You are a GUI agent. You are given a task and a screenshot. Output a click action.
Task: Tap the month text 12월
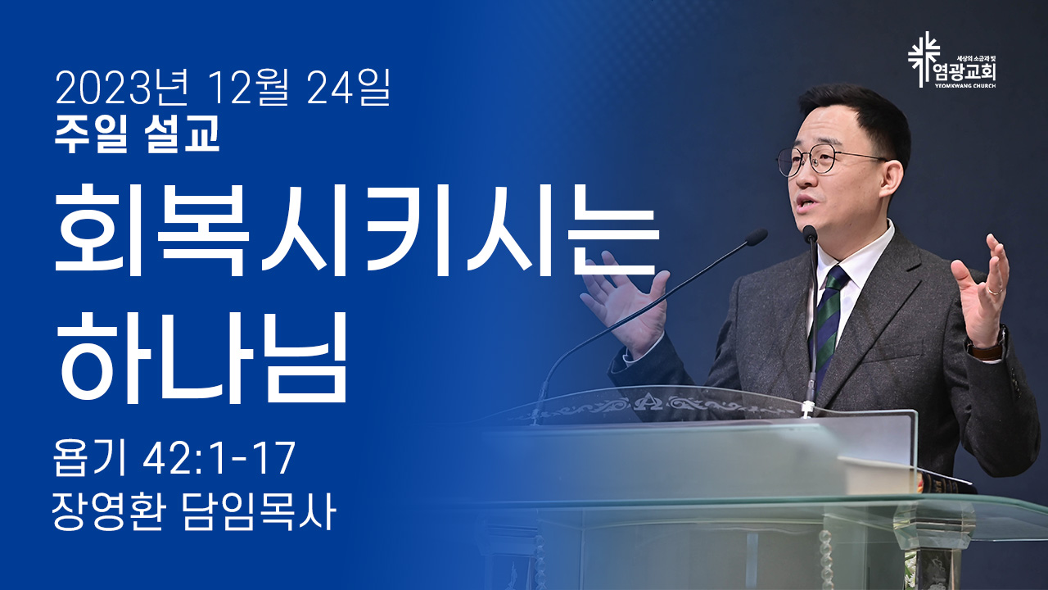click(x=249, y=87)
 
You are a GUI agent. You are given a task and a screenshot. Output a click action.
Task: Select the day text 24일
click(x=349, y=87)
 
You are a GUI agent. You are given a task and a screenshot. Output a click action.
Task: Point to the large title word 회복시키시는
click(x=357, y=230)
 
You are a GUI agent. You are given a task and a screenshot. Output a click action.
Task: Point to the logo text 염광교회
click(x=964, y=73)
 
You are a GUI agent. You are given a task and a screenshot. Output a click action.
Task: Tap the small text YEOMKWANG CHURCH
click(x=964, y=86)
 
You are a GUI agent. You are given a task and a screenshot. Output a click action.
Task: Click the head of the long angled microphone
click(x=756, y=237)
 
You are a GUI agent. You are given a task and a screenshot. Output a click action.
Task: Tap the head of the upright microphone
click(x=810, y=234)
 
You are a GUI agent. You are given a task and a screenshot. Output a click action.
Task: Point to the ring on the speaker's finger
click(x=995, y=290)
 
